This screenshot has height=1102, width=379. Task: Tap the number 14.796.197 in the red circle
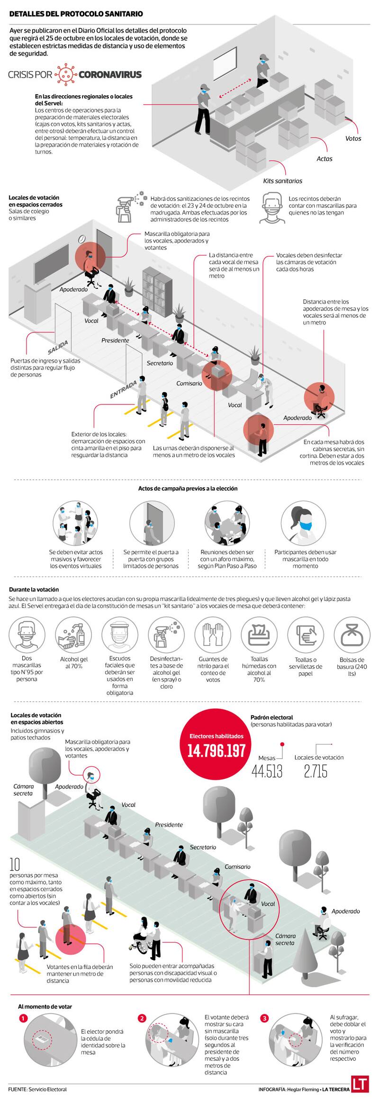(217, 750)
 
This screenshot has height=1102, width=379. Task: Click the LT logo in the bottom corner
(360, 1084)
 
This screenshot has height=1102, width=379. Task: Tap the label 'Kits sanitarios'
(282, 180)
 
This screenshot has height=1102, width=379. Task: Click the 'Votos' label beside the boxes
(353, 138)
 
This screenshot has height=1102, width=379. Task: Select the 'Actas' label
(325, 159)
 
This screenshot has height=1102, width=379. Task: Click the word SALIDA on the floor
(58, 347)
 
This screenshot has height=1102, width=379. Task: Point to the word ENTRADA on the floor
(124, 389)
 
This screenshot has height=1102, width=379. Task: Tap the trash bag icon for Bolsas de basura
(352, 636)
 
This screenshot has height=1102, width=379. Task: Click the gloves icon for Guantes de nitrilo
(213, 635)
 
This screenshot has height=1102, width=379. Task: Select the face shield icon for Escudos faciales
(120, 635)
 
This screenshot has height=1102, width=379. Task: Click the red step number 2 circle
(142, 1018)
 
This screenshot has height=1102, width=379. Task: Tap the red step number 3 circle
(264, 1018)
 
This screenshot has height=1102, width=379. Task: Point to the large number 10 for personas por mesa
(15, 864)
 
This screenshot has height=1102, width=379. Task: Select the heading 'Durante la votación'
(34, 590)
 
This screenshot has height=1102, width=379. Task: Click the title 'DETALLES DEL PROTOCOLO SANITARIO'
(76, 14)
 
